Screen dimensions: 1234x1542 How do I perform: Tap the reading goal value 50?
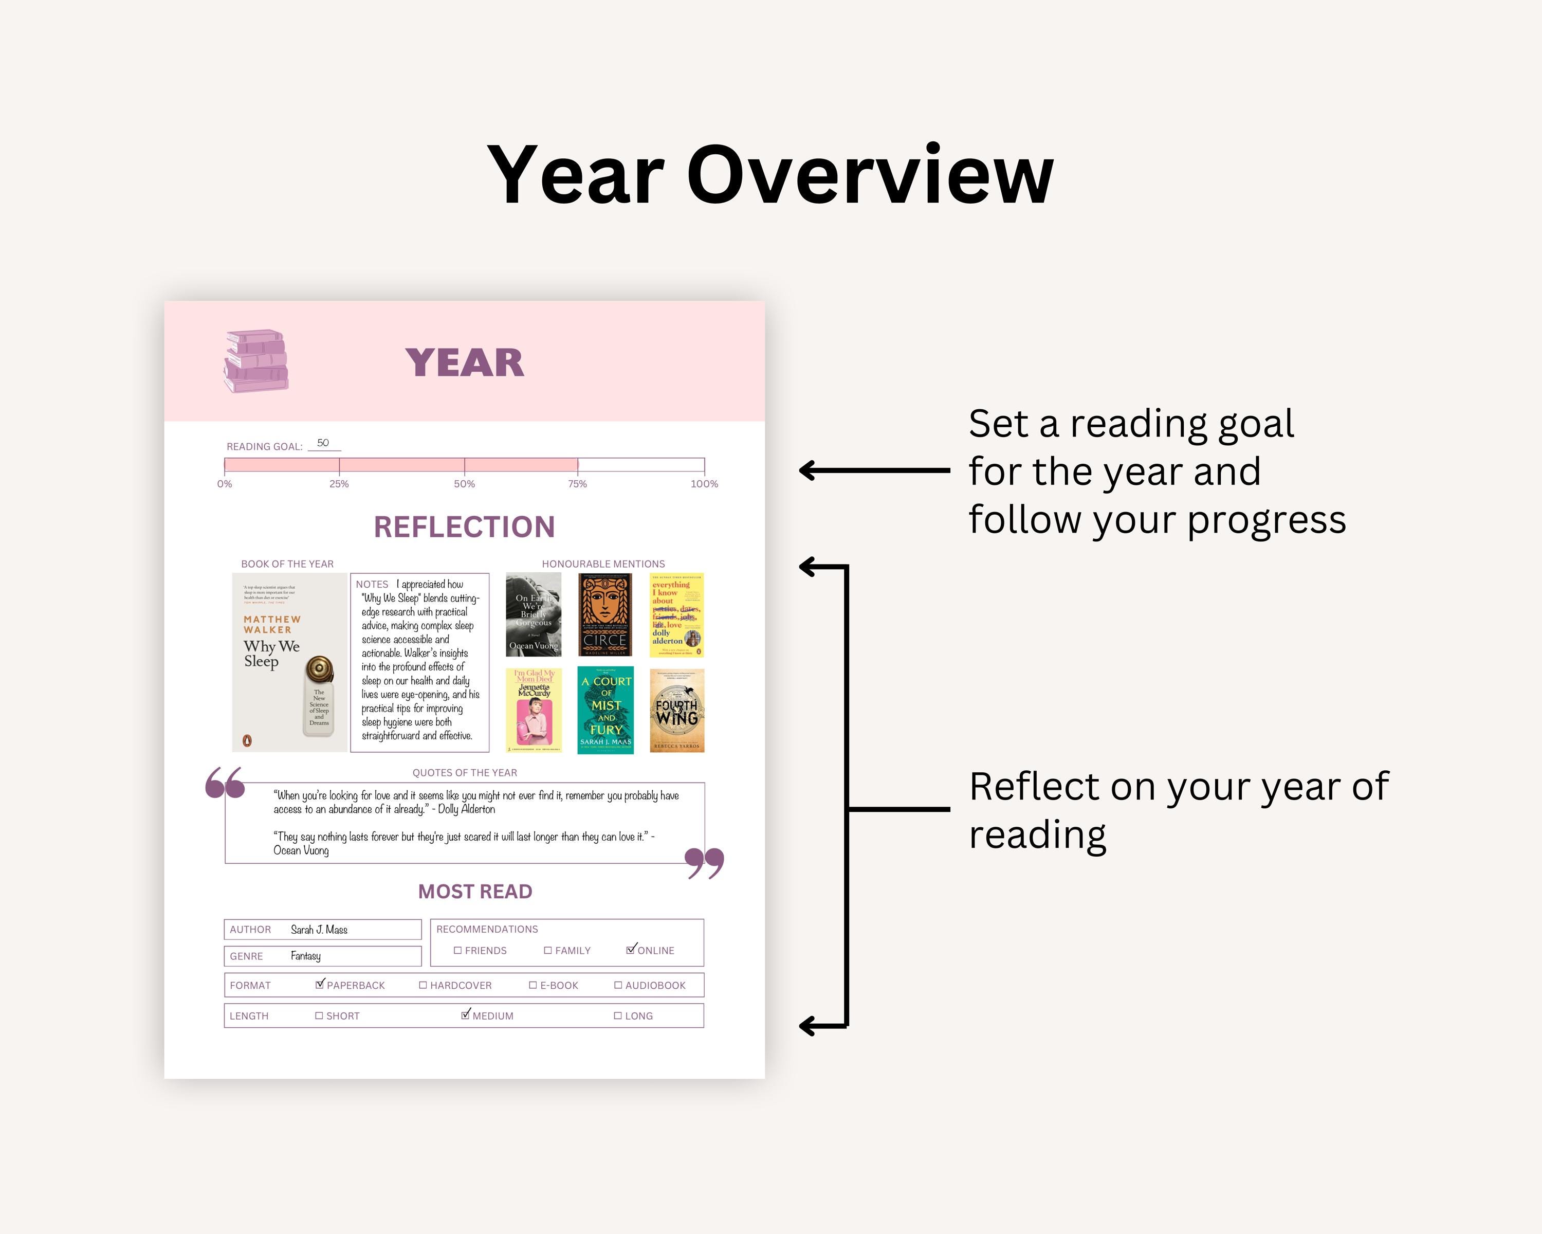pyautogui.click(x=323, y=443)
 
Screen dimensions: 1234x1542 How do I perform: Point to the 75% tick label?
pyautogui.click(x=577, y=484)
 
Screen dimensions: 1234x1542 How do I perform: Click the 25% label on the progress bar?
pyautogui.click(x=339, y=484)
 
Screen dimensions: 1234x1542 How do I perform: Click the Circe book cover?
pyautogui.click(x=605, y=614)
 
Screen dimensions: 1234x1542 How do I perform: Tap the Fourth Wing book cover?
pyautogui.click(x=676, y=711)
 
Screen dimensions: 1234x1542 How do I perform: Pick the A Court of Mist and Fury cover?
pyautogui.click(x=605, y=711)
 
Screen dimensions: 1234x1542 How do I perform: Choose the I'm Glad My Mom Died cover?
pyautogui.click(x=534, y=711)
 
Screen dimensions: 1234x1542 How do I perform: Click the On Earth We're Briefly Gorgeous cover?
pyautogui.click(x=534, y=614)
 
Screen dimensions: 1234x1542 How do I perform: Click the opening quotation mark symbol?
pyautogui.click(x=225, y=783)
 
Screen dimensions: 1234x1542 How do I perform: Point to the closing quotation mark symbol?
pyautogui.click(x=705, y=863)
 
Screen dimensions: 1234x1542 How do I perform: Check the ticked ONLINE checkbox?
pyautogui.click(x=630, y=950)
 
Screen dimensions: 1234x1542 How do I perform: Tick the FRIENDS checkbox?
pyautogui.click(x=458, y=951)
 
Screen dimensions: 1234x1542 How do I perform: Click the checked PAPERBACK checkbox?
pyautogui.click(x=320, y=984)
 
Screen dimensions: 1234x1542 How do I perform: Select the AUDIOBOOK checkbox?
pyautogui.click(x=618, y=985)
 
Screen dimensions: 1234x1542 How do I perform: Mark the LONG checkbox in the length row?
pyautogui.click(x=618, y=1016)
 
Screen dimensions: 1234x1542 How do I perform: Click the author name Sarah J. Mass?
pyautogui.click(x=319, y=930)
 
